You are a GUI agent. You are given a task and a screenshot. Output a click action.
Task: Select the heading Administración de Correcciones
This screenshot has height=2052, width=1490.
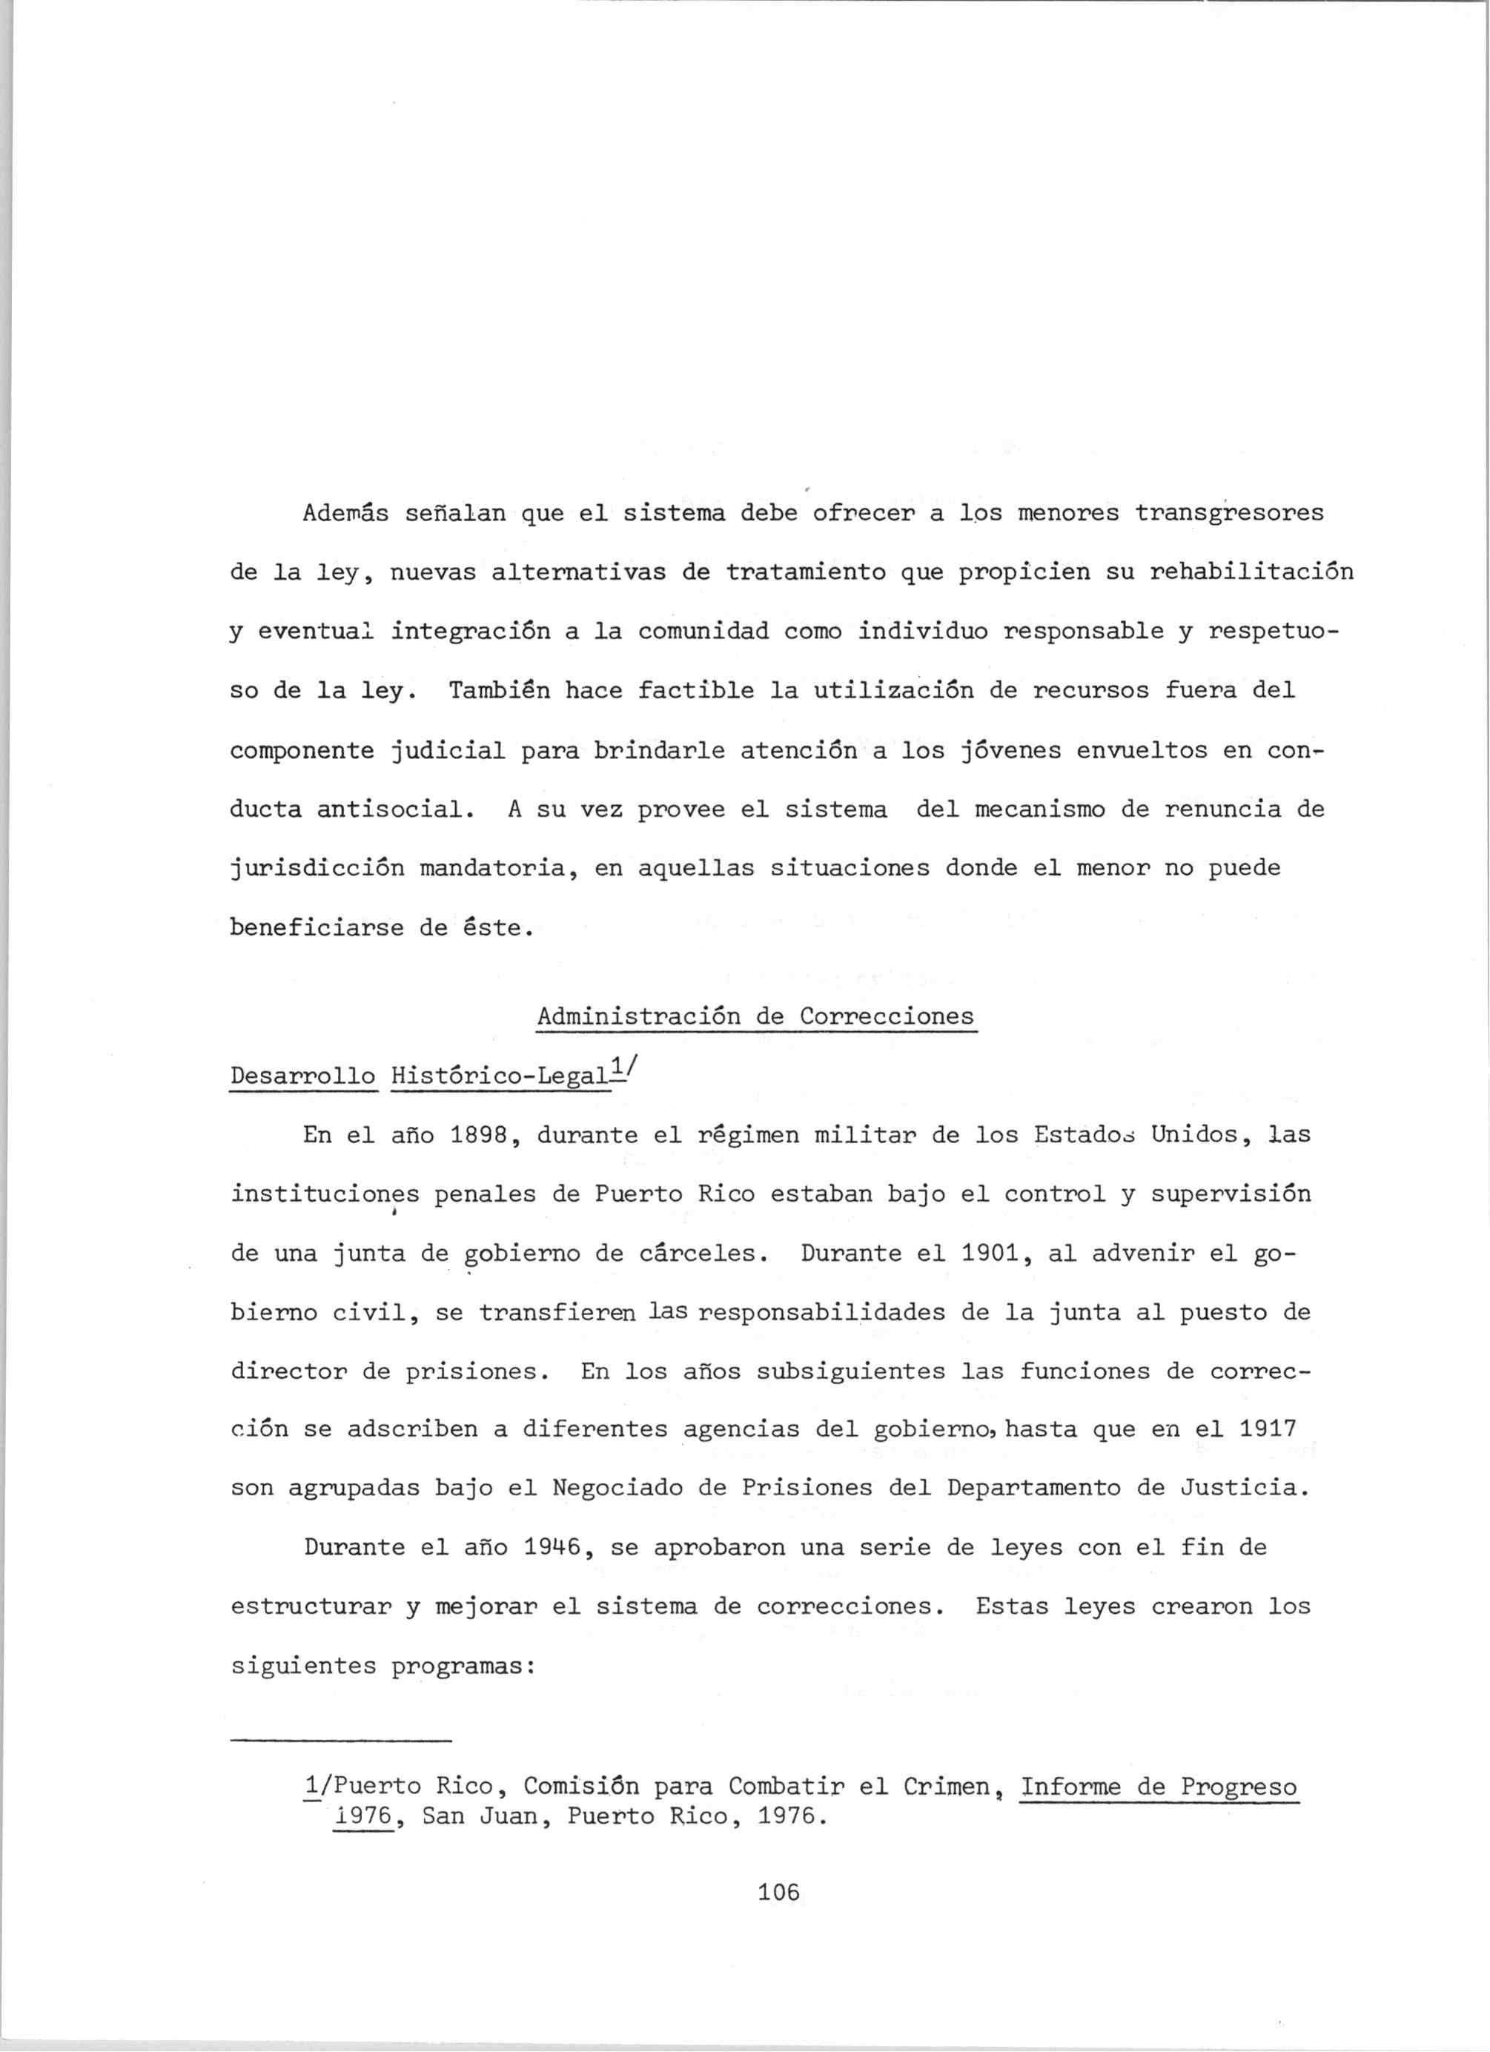(755, 1017)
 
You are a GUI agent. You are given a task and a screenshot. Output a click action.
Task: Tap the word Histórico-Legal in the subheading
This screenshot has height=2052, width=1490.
(500, 1076)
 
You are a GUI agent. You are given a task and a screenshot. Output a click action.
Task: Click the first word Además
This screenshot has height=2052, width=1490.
(345, 514)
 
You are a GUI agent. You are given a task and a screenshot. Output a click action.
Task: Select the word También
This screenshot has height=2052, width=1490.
(500, 691)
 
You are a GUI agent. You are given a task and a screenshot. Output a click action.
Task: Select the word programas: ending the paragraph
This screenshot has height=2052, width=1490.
(463, 1667)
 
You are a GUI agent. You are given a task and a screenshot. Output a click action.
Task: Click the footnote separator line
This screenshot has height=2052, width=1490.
(340, 1741)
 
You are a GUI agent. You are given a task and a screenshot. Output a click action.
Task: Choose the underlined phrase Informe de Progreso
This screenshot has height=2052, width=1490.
(1158, 1787)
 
